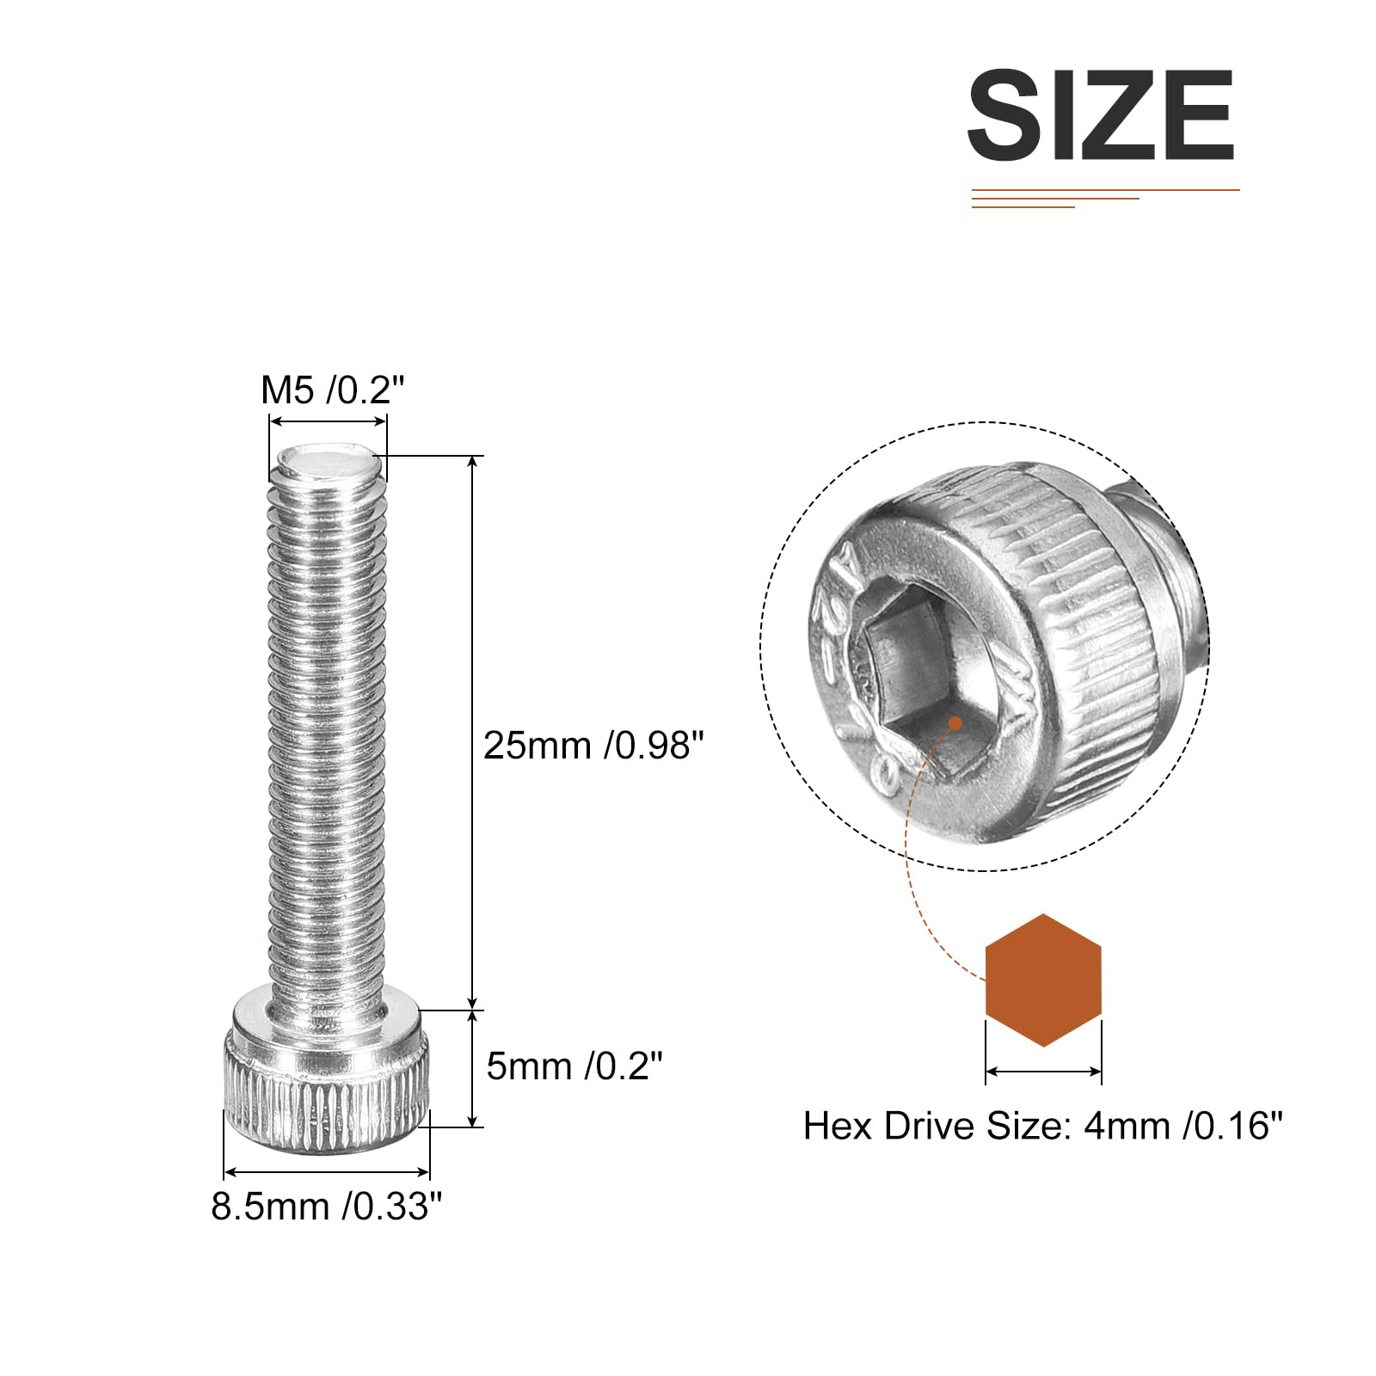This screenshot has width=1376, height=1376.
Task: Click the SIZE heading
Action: coord(1102,115)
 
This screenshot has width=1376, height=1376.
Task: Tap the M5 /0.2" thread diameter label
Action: coord(332,390)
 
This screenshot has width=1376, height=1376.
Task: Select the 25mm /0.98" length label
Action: coord(593,745)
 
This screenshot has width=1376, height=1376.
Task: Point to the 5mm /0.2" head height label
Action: coord(574,1066)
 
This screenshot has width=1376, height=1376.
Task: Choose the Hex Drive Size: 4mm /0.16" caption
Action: coord(1042,1126)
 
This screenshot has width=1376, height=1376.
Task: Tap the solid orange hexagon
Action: coord(1043,980)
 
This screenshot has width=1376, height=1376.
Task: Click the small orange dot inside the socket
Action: coord(955,723)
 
